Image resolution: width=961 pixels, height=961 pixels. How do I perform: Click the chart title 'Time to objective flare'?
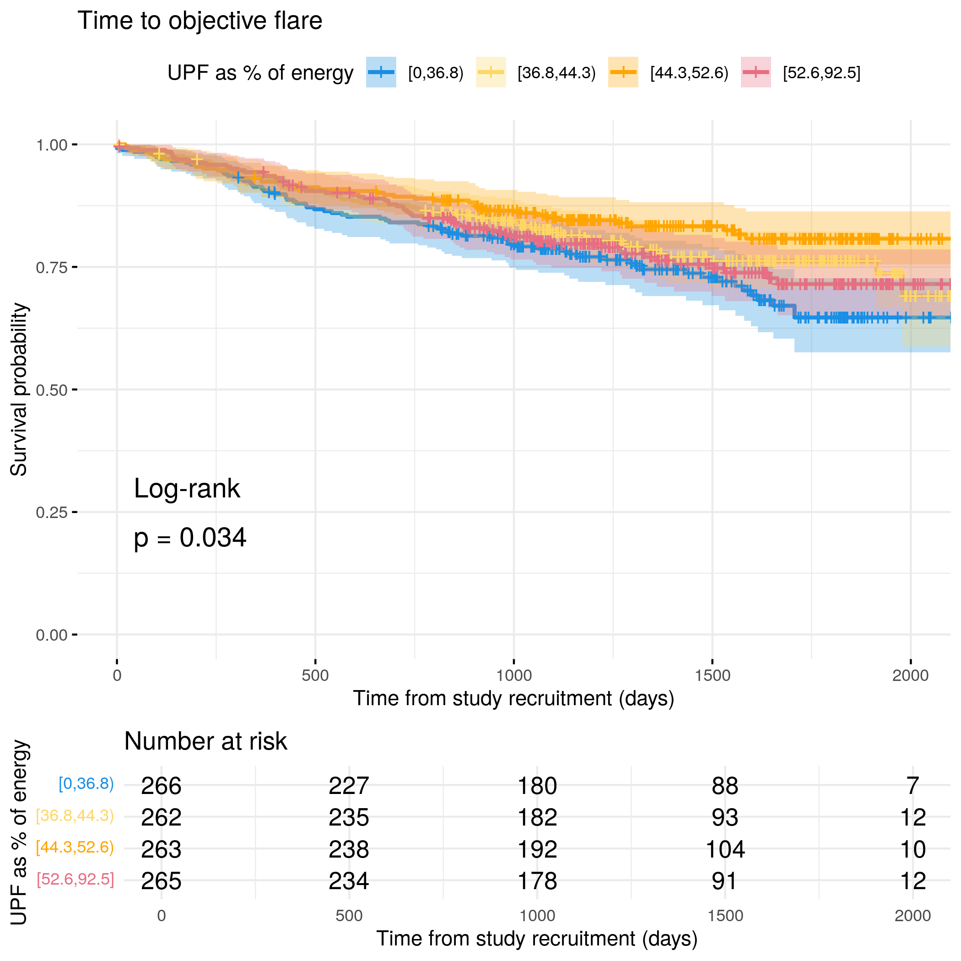(200, 21)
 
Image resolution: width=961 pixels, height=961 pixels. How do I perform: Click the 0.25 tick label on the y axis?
(51, 513)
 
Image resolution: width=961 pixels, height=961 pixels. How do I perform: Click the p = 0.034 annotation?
(190, 538)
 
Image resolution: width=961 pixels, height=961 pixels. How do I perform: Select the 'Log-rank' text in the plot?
(187, 488)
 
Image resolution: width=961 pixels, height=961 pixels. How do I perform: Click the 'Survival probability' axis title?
(19, 389)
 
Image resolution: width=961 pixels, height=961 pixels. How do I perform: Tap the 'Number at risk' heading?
(205, 741)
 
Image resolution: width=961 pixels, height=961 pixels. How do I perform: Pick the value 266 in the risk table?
(161, 786)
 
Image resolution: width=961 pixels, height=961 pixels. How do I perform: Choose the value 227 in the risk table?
(349, 786)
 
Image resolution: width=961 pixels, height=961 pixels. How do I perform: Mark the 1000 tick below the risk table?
(537, 916)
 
